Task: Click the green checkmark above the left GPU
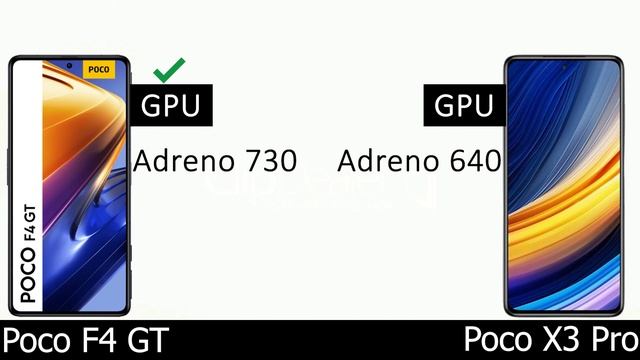[x=168, y=70]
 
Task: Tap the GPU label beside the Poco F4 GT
[x=170, y=106]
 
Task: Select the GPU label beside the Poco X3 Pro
[x=464, y=106]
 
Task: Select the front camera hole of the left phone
[x=69, y=65]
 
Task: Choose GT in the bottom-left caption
[x=145, y=340]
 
